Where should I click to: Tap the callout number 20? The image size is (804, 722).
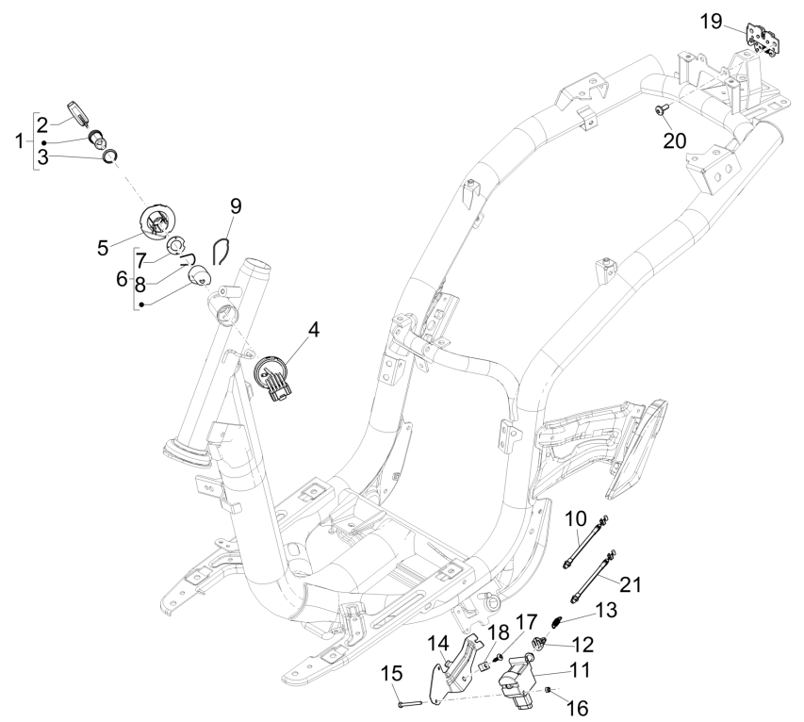pyautogui.click(x=675, y=140)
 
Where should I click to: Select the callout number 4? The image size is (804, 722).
pyautogui.click(x=313, y=331)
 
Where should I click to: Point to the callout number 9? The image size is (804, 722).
pyautogui.click(x=235, y=205)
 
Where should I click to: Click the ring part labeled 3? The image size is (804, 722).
pyautogui.click(x=110, y=156)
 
